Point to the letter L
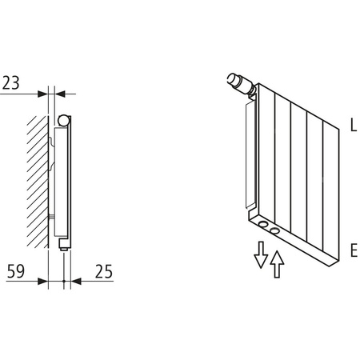(352, 125)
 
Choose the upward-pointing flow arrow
(277, 262)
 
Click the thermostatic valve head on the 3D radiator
(237, 81)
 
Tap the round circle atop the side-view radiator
(64, 122)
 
